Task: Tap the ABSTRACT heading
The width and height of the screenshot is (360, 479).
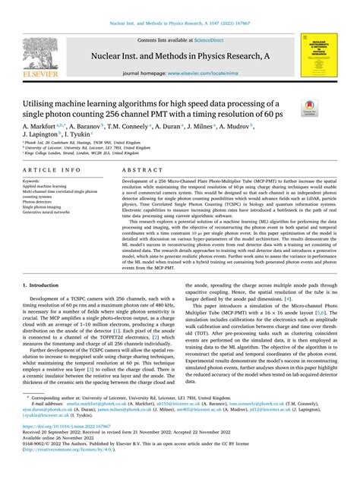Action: click(x=141, y=171)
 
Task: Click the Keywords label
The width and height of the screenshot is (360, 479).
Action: click(x=33, y=181)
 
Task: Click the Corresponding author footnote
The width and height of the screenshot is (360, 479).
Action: click(x=114, y=418)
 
